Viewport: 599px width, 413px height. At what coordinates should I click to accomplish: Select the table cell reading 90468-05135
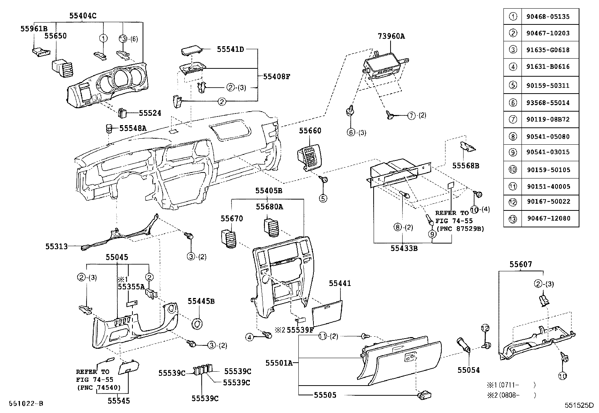pos(550,17)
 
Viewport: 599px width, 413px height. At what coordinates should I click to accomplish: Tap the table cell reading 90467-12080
pos(550,218)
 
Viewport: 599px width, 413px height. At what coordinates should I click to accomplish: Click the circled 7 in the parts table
pos(512,120)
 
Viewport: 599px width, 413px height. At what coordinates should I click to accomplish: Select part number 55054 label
pos(468,370)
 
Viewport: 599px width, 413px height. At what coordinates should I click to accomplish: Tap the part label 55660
pos(310,131)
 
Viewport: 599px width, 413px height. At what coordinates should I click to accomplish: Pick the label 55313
pos(56,247)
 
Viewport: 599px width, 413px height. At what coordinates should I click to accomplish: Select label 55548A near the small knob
pos(133,128)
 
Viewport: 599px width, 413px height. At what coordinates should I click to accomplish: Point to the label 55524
pos(150,113)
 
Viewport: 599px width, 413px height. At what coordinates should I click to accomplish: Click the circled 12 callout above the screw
pos(485,328)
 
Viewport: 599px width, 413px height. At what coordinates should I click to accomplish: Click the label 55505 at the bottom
pos(325,395)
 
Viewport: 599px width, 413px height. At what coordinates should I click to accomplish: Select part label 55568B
pos(465,165)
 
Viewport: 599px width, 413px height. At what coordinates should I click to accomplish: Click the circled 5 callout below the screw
pos(324,198)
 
